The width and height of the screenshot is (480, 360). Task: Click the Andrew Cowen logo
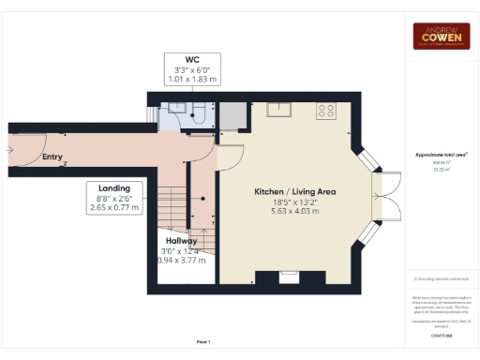pyautogui.click(x=442, y=36)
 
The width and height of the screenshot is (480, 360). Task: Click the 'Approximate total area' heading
pyautogui.click(x=441, y=154)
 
